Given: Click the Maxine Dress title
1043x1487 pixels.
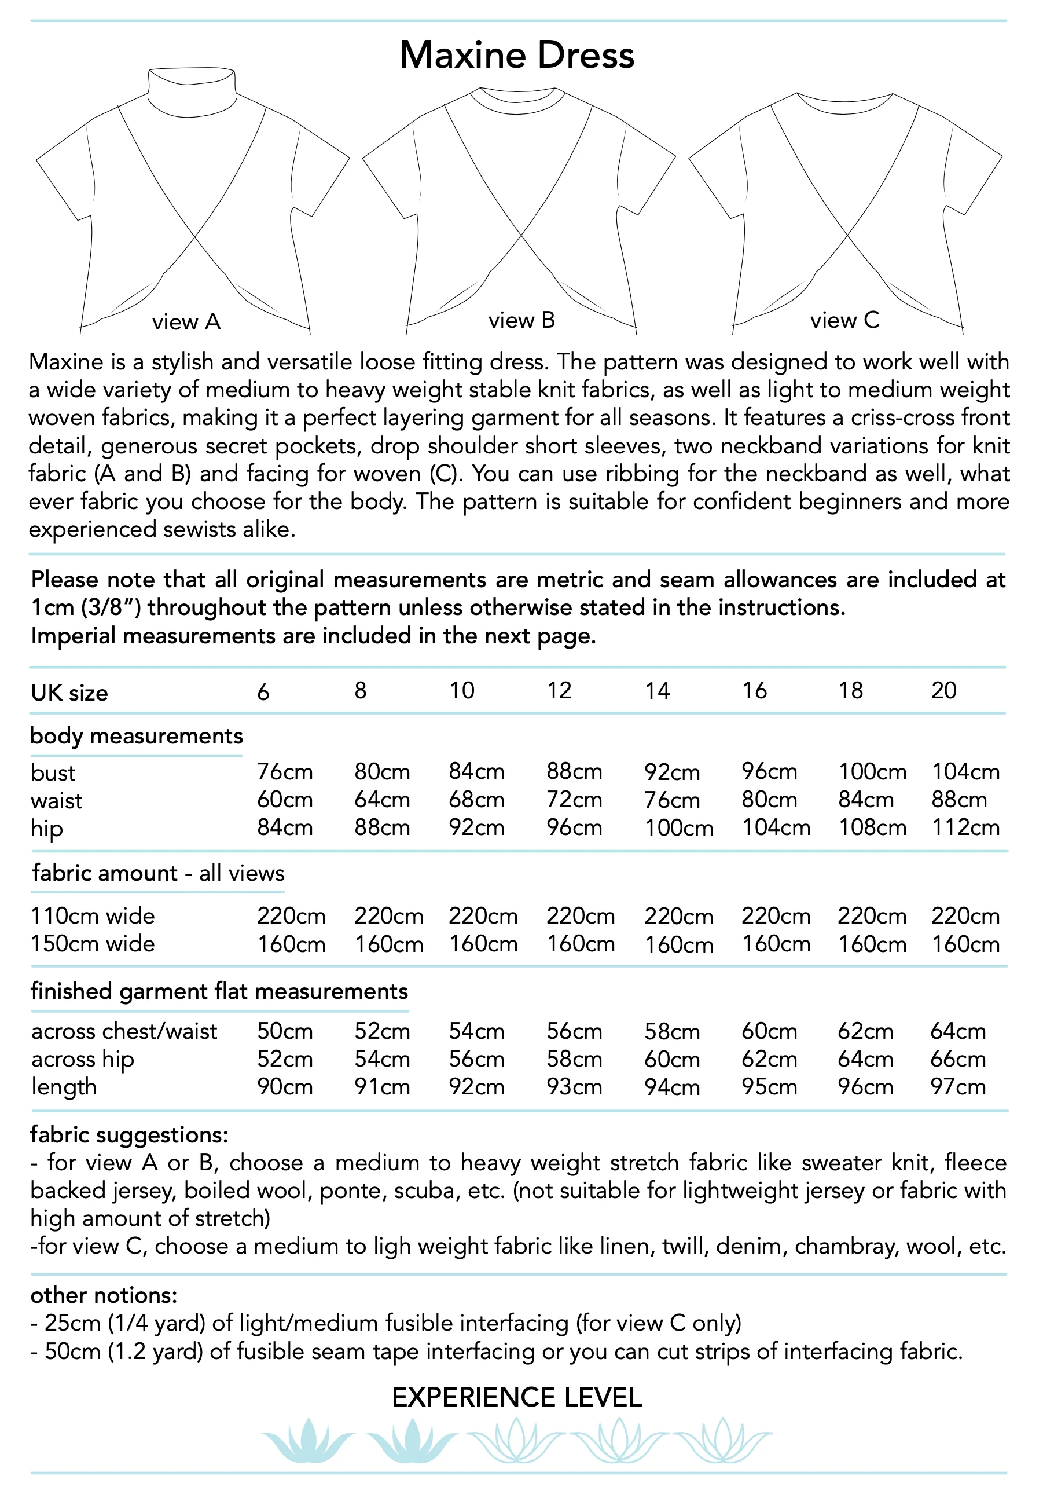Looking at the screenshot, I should [x=517, y=55].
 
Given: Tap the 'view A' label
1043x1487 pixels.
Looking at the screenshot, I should [x=186, y=322].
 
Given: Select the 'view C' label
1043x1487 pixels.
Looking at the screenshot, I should [x=844, y=320].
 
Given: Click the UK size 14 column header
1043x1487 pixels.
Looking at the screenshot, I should [x=656, y=691].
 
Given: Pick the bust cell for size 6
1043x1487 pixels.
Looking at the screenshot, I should [x=285, y=772].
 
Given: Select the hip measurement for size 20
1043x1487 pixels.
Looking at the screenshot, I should [x=965, y=827].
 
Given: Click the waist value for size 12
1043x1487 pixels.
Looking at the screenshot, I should [x=574, y=800].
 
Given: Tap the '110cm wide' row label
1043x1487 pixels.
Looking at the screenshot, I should [x=93, y=916].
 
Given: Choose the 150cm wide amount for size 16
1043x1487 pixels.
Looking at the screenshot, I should [x=776, y=944].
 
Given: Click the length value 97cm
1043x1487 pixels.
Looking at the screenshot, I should [x=957, y=1087].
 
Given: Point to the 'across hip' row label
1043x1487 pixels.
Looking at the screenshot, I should [x=82, y=1059].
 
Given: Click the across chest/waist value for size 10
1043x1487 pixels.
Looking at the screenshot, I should [x=476, y=1031].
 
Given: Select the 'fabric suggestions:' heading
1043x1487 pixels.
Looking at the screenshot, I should [x=129, y=1135].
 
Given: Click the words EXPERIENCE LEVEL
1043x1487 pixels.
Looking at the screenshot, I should [x=517, y=1398].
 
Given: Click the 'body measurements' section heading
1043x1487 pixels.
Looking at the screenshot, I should [x=136, y=737].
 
